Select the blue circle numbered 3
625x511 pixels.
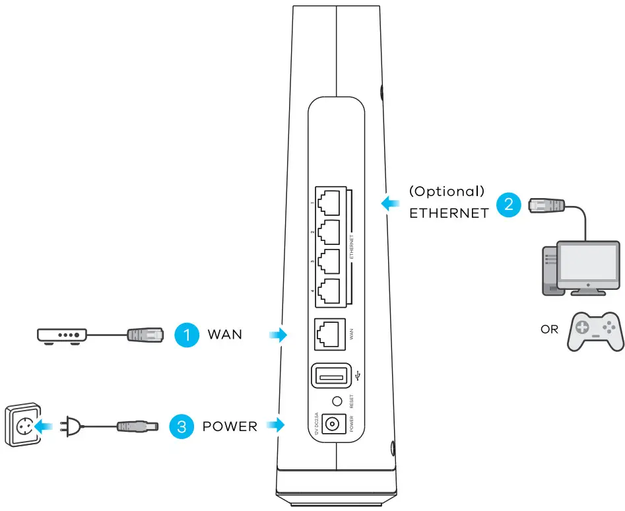[181, 426]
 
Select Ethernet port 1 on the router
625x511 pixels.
[329, 199]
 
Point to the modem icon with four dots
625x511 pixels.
[61, 335]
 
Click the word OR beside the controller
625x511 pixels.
[549, 329]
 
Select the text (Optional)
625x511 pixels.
[447, 191]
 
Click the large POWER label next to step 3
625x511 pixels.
[230, 426]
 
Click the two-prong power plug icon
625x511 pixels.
[71, 426]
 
